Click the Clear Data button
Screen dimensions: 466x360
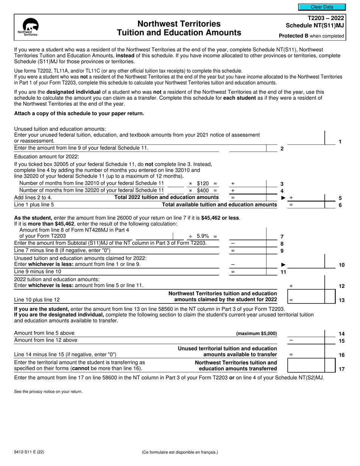(x=322, y=7)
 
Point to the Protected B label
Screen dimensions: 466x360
(x=311, y=36)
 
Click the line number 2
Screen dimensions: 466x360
(x=282, y=149)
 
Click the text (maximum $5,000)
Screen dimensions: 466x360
(x=256, y=333)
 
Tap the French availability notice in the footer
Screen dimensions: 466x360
(x=180, y=452)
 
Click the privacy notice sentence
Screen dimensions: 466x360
(x=48, y=391)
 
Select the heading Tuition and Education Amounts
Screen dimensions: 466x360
(x=179, y=33)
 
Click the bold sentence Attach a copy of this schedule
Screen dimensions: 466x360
(x=79, y=113)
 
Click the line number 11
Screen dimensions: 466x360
(x=283, y=272)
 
